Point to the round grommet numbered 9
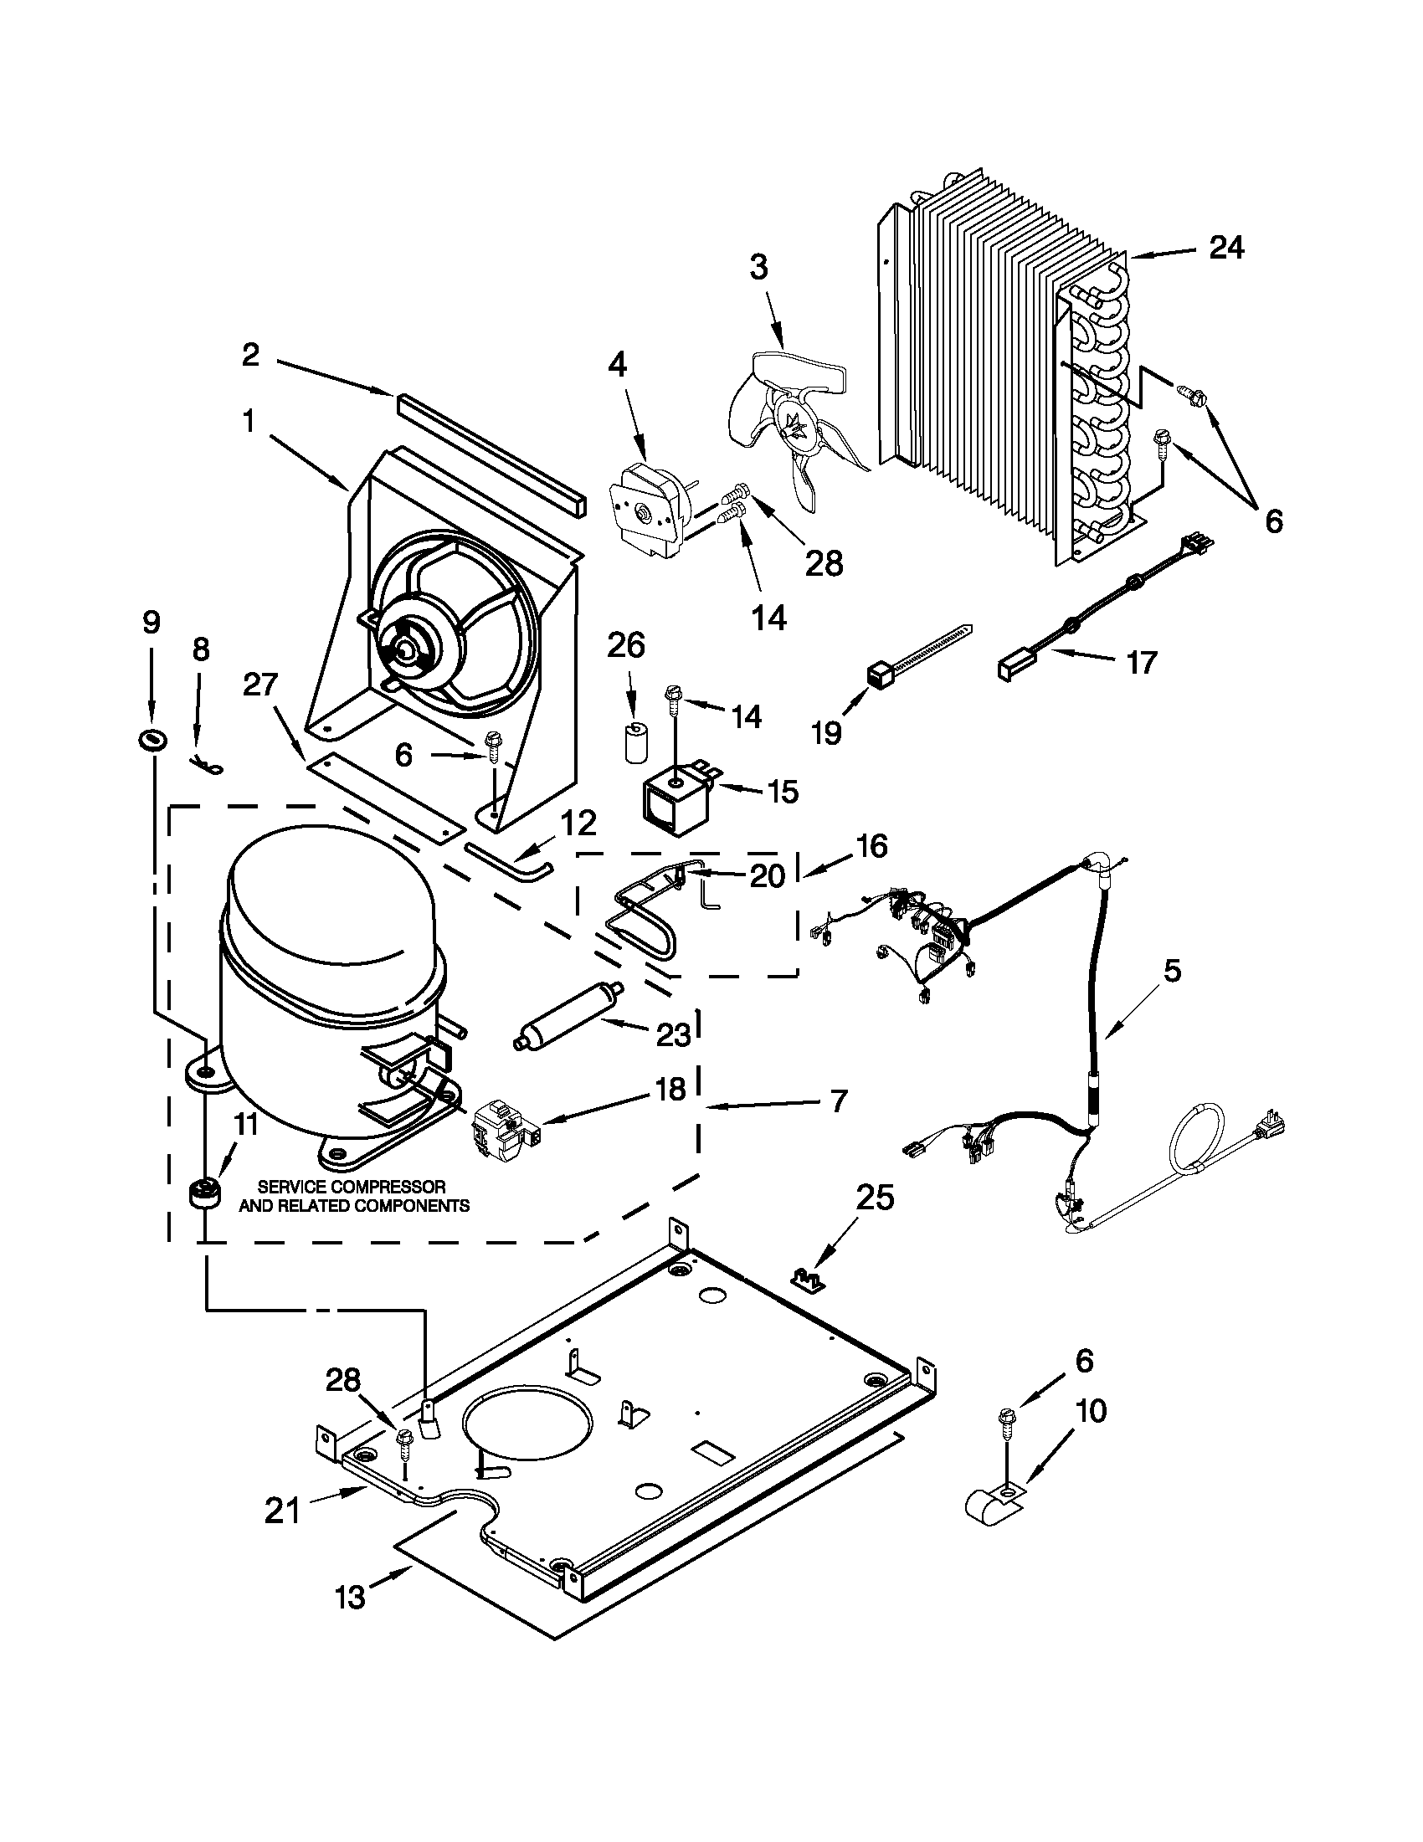[x=152, y=740]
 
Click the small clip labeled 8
[x=207, y=765]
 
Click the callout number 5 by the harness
[x=1172, y=972]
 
